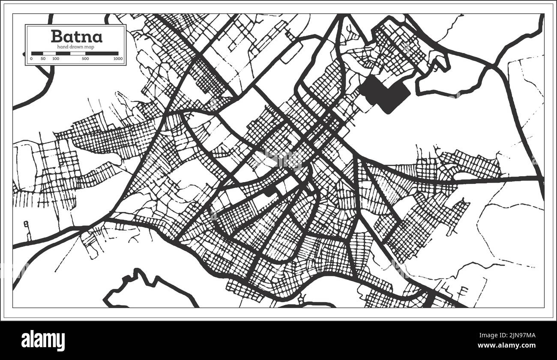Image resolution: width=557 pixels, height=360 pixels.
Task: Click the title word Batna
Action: pyautogui.click(x=76, y=36)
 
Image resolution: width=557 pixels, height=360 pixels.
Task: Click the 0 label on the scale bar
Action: pyautogui.click(x=31, y=58)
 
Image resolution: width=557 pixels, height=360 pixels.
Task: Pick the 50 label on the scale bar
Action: pyautogui.click(x=43, y=58)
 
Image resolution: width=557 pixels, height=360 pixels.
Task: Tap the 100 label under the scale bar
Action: pyautogui.click(x=55, y=58)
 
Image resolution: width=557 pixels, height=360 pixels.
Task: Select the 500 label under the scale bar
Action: pyautogui.click(x=85, y=58)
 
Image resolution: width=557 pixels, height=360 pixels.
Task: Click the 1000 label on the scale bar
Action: pyautogui.click(x=118, y=58)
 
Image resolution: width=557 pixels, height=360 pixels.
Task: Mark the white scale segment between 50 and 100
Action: pyautogui.click(x=50, y=54)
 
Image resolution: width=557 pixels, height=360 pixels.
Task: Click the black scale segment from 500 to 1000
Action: pyautogui.click(x=102, y=54)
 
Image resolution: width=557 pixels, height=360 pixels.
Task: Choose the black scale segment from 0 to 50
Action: pyautogui.click(x=37, y=54)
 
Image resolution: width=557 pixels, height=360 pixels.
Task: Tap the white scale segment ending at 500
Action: pyautogui.click(x=78, y=54)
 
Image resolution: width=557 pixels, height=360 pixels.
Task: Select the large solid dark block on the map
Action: pyautogui.click(x=384, y=92)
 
